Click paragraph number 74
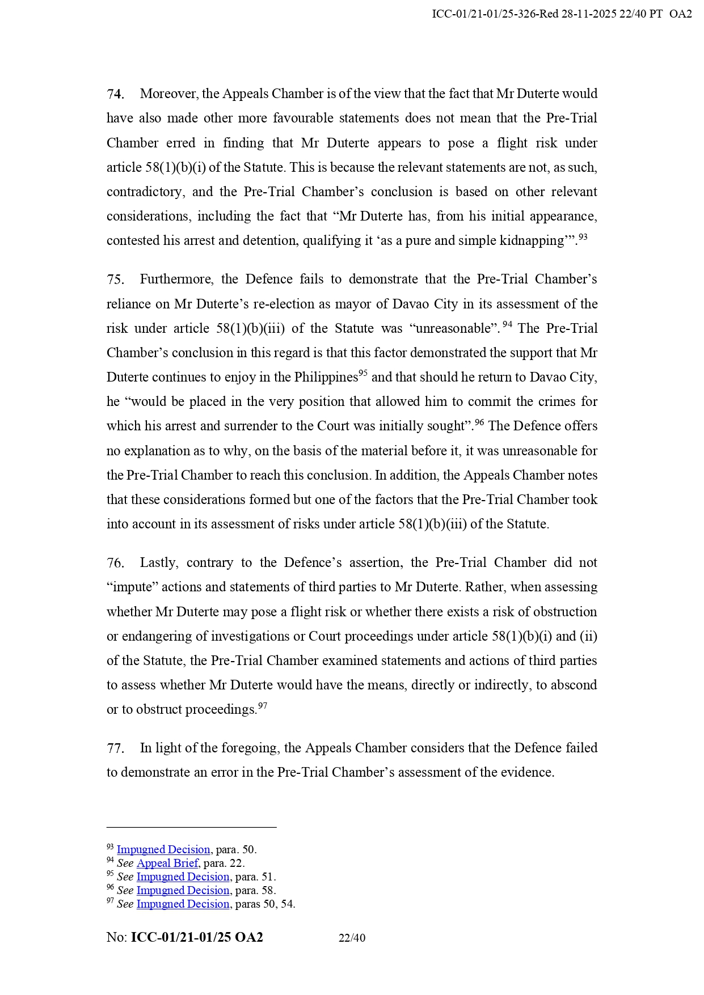(115, 94)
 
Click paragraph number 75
(115, 280)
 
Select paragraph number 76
(115, 563)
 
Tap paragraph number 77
(115, 748)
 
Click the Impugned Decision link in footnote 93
(163, 850)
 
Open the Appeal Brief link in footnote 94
(167, 863)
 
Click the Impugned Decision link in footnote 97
(183, 904)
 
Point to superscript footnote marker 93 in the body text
(583, 238)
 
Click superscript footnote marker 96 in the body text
(479, 422)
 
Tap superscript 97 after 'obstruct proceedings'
(263, 706)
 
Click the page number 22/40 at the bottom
(352, 938)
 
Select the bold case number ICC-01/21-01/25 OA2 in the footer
(197, 938)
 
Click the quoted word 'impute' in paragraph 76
(132, 587)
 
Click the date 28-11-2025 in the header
(589, 14)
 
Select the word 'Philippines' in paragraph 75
(326, 378)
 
